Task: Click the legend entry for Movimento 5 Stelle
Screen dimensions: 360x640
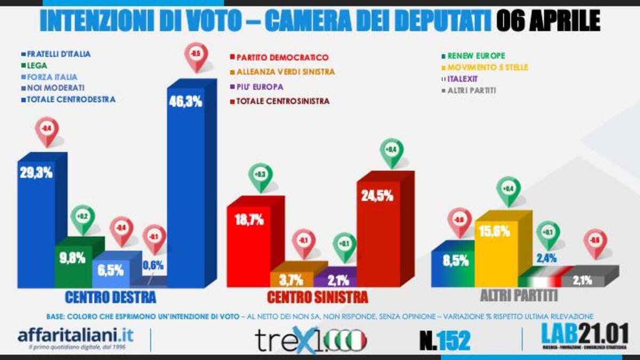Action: pos(479,67)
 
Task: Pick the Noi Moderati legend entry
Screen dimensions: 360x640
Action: pos(52,87)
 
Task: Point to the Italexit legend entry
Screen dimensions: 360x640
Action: pos(463,79)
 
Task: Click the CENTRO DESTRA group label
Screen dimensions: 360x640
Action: pos(110,296)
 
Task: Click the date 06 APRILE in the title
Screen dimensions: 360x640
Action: pos(548,21)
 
